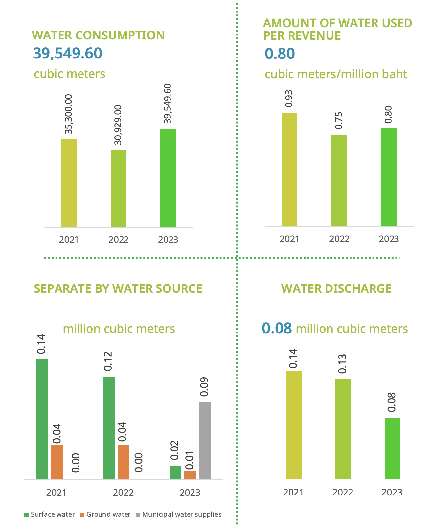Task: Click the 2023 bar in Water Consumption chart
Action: click(168, 178)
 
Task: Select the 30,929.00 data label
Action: click(118, 125)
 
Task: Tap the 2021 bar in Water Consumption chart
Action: click(69, 183)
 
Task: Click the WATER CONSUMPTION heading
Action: click(98, 35)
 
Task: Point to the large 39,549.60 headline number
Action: click(68, 53)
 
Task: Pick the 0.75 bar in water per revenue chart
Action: click(339, 180)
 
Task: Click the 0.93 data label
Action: click(289, 98)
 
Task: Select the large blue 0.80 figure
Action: click(280, 54)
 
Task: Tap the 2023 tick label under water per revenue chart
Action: click(389, 239)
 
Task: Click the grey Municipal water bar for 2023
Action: click(205, 440)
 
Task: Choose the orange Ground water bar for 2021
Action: click(57, 462)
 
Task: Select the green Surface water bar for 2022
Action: click(109, 427)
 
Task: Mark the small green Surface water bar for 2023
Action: click(175, 472)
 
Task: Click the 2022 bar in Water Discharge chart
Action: click(343, 429)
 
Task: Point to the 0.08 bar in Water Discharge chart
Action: click(392, 448)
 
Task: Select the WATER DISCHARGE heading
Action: click(336, 288)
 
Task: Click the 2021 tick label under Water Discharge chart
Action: click(293, 492)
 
